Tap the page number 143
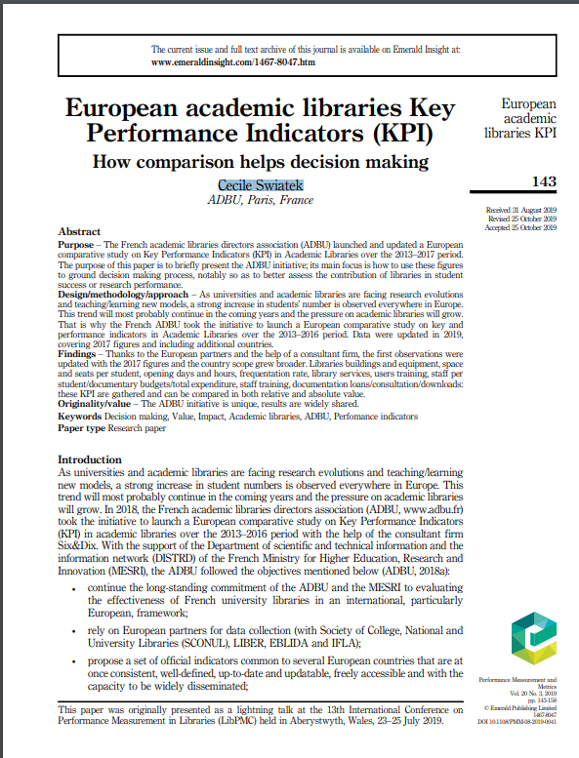click(x=544, y=181)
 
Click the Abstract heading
click(x=80, y=231)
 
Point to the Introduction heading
click(x=91, y=459)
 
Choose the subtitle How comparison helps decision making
click(x=261, y=161)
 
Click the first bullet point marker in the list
click(x=78, y=590)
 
